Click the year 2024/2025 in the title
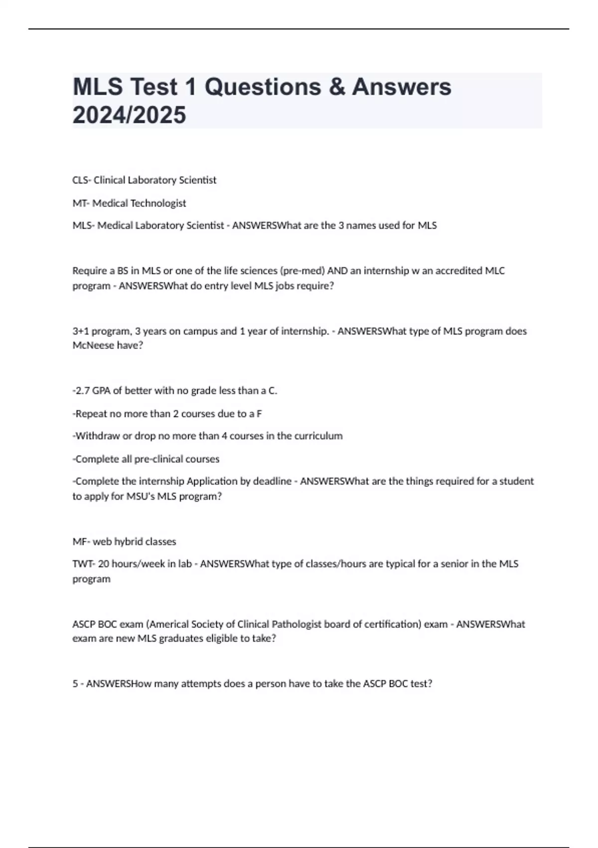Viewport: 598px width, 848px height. (129, 115)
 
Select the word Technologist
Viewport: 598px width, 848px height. (158, 203)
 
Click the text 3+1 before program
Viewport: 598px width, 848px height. (81, 331)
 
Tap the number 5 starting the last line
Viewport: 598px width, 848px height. (75, 684)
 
